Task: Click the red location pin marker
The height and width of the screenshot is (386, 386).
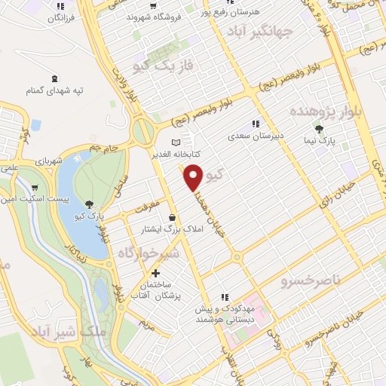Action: pyautogui.click(x=194, y=176)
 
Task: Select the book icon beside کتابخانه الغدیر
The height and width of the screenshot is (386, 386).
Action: pyautogui.click(x=176, y=141)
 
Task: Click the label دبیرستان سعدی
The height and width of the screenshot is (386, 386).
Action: pyautogui.click(x=256, y=137)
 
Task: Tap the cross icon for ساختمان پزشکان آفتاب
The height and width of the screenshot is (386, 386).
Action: pyautogui.click(x=155, y=273)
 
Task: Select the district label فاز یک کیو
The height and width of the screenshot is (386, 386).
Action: pyautogui.click(x=163, y=66)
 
